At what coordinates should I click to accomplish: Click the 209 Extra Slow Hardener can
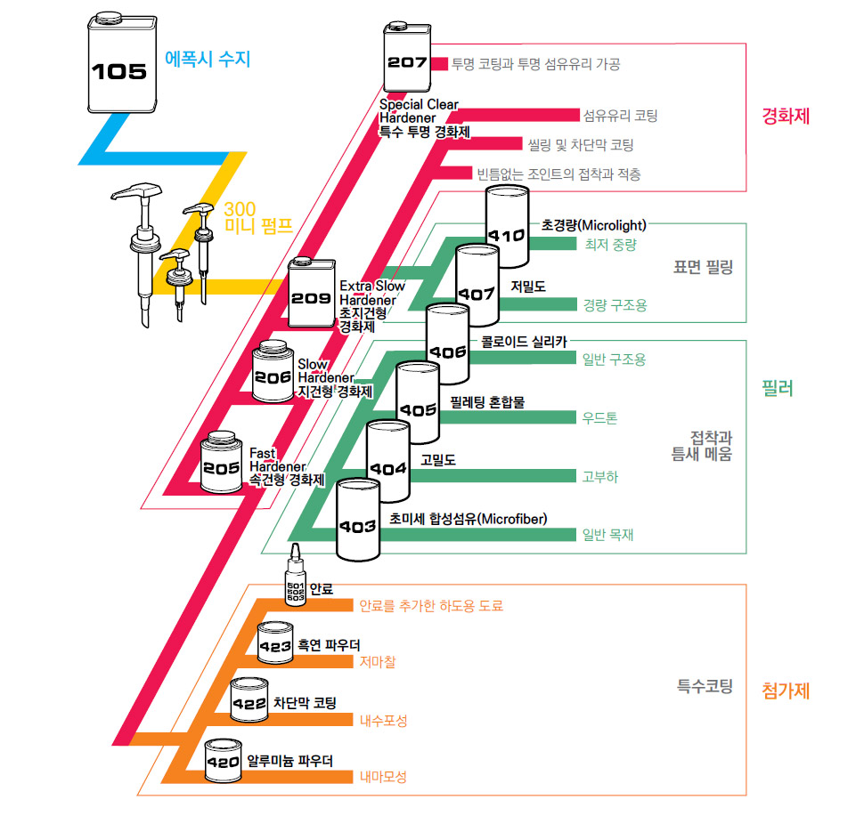tap(312, 295)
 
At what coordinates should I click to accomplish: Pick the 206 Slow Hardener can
tap(274, 374)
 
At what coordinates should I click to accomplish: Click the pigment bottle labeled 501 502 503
tap(296, 583)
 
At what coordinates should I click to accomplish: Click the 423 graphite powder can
tap(277, 644)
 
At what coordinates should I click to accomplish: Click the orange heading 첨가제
tap(786, 690)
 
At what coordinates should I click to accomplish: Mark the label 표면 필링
tap(704, 266)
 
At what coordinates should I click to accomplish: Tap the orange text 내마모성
tap(383, 777)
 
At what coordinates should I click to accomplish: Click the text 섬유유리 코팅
tap(620, 116)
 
